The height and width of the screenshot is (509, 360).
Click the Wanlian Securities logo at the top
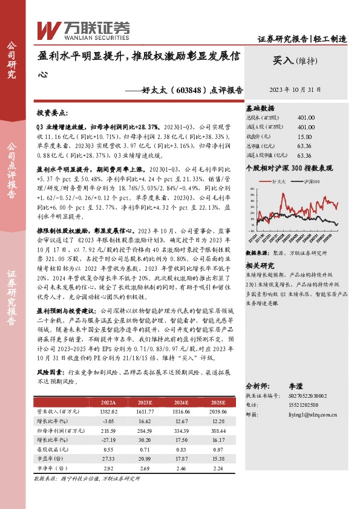tap(84, 28)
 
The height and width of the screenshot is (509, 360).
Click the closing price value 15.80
tap(305, 137)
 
